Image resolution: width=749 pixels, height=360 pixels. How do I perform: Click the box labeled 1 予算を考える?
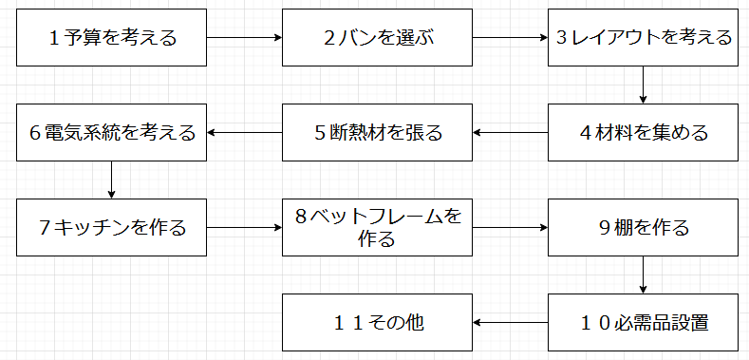[112, 38]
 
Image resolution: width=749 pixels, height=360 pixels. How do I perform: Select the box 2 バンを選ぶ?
[378, 38]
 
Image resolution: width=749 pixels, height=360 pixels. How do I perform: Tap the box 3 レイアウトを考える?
[644, 38]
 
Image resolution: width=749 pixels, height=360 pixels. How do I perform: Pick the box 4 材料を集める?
[644, 132]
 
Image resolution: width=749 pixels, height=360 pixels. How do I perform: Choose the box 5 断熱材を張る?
[378, 132]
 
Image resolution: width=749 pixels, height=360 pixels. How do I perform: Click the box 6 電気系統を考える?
[112, 132]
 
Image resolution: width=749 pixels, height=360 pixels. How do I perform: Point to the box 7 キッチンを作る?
[112, 228]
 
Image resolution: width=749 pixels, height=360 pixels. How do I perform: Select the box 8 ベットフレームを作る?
[378, 228]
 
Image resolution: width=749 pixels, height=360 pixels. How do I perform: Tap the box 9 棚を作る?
[644, 228]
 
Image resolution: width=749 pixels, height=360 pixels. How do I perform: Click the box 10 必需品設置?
[644, 322]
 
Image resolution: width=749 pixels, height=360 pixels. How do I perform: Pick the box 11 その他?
[378, 322]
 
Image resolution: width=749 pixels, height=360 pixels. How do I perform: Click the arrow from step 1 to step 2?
[245, 38]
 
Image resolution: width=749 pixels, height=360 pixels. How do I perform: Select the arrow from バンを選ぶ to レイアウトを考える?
[511, 38]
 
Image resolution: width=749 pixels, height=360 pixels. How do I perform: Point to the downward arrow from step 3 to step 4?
[644, 85]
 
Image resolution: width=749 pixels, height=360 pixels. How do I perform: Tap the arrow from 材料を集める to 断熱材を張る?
[511, 132]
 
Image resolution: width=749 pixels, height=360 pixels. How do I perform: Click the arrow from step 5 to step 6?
[245, 132]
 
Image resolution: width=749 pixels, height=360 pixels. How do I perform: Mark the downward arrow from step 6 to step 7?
[112, 180]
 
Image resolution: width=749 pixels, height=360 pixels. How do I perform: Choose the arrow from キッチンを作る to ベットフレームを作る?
[245, 228]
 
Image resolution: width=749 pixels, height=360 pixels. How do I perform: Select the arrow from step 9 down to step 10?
[644, 275]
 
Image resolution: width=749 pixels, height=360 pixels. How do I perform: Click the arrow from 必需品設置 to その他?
[511, 322]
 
